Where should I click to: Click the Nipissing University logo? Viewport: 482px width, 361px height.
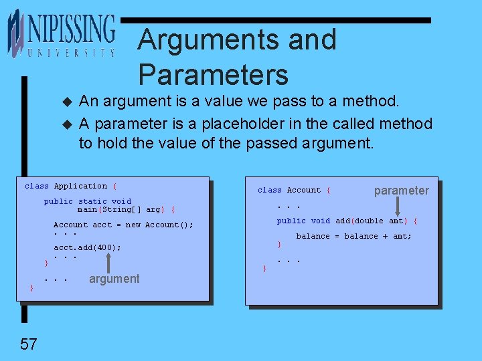[x=62, y=33]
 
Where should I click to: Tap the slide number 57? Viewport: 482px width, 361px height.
[x=28, y=344]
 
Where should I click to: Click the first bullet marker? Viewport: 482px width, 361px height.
[x=66, y=102]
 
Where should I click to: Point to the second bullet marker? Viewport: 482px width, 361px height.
[x=66, y=125]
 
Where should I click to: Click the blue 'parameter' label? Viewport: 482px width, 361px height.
[x=401, y=191]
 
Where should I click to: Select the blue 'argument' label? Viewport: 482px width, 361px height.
[x=114, y=279]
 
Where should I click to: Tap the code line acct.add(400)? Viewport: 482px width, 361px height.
[x=87, y=247]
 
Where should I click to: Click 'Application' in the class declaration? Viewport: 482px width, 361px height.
[x=80, y=186]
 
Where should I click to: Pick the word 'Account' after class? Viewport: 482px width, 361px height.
[x=304, y=190]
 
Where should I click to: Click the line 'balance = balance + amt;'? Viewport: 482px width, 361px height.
[x=353, y=236]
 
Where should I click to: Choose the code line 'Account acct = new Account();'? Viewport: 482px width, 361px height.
[x=123, y=225]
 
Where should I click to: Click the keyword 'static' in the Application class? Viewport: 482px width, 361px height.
[x=92, y=201]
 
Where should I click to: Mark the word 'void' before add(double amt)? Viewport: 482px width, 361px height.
[x=321, y=221]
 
